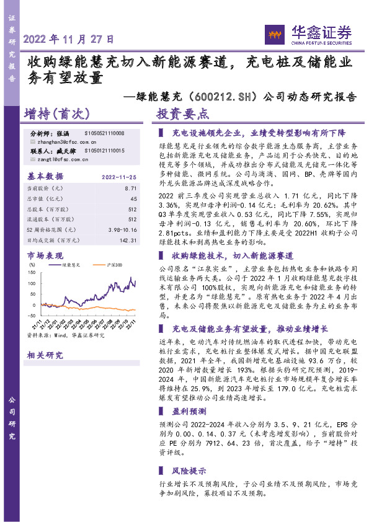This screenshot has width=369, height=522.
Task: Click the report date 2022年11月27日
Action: tap(69, 38)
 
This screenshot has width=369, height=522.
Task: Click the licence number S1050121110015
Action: tap(104, 151)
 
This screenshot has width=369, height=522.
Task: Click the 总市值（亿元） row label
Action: tap(45, 198)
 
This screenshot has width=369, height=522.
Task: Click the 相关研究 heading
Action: tap(45, 355)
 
